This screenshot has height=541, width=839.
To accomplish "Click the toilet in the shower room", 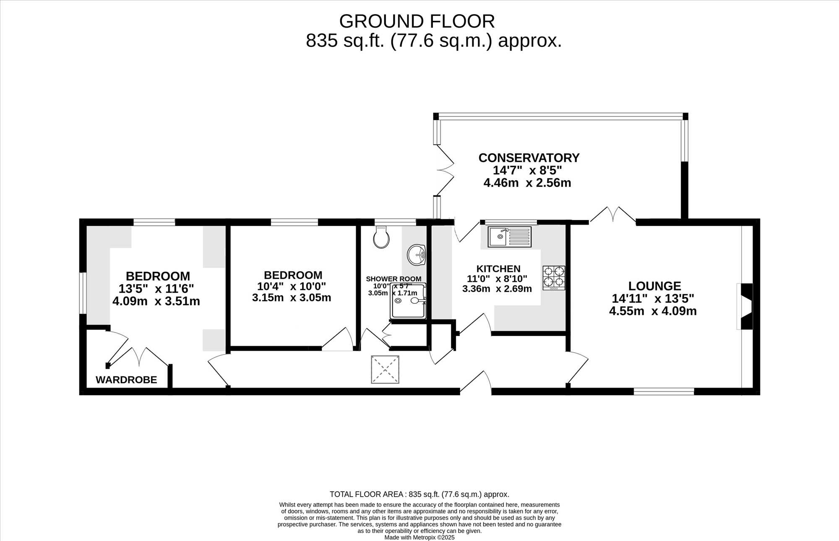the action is tap(381, 237).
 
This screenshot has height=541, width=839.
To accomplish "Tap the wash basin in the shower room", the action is tap(416, 255).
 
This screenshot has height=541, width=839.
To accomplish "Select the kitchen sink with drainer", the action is tap(510, 237).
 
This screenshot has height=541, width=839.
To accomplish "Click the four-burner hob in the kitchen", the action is tap(554, 278).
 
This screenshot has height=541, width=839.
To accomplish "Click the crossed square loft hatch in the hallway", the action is tap(385, 370).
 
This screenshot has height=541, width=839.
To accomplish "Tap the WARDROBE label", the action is tap(126, 380).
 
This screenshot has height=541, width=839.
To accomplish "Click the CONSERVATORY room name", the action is tap(529, 158).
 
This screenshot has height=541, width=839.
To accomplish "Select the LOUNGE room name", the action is tap(654, 286).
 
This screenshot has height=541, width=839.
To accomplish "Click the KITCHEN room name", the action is tap(498, 269).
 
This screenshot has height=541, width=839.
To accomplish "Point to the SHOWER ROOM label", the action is tap(393, 279).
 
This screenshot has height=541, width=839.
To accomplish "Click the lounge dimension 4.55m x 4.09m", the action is tap(653, 311).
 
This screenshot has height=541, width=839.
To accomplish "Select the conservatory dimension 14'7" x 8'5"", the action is tap(527, 170).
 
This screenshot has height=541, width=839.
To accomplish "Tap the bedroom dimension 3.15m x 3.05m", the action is tap(292, 298).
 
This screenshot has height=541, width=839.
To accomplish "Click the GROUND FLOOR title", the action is tap(417, 21).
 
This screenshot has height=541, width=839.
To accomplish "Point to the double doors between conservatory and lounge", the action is tap(613, 214).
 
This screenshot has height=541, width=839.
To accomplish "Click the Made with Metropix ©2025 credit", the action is tap(419, 537).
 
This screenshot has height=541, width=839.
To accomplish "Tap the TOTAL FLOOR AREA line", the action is tap(419, 494).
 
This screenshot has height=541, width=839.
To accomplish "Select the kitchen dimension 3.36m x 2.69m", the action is tap(497, 289).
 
